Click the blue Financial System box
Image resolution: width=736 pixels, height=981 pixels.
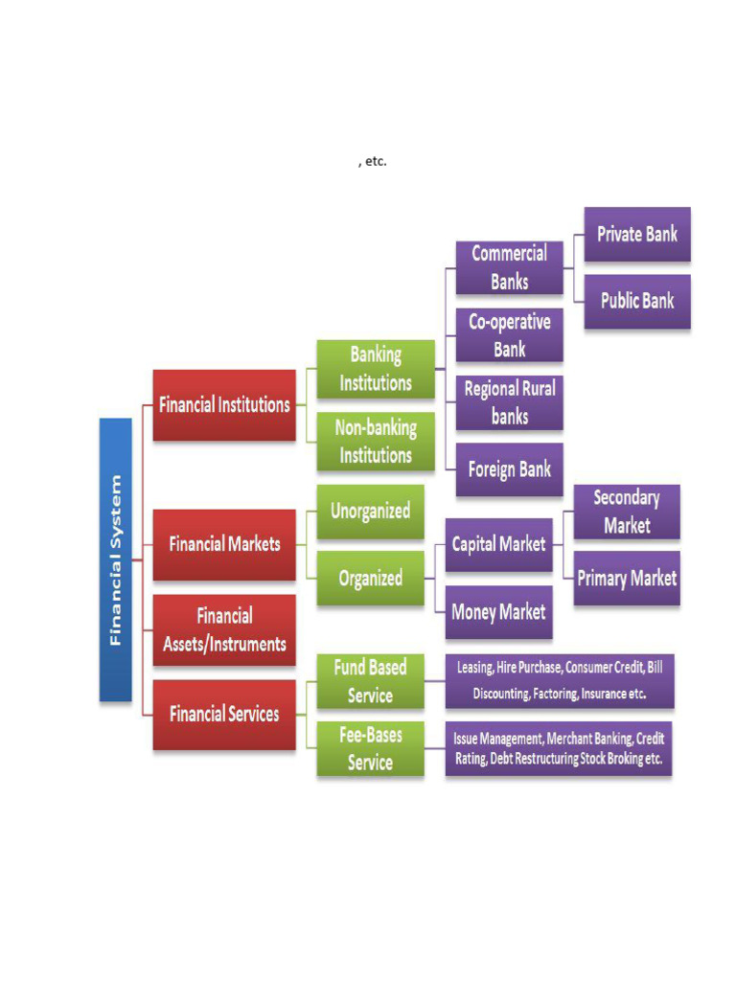[x=115, y=559]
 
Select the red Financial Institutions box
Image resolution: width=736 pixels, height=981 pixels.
[x=224, y=405]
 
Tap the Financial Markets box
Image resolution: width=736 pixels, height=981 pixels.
[x=224, y=544]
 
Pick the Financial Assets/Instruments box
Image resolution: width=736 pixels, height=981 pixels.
[x=224, y=630]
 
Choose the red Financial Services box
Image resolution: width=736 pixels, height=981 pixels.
[x=224, y=714]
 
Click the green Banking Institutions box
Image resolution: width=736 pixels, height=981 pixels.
[x=375, y=369]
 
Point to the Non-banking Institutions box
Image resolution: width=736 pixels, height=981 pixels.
[x=375, y=441]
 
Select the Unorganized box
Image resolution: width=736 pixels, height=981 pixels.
[x=370, y=512]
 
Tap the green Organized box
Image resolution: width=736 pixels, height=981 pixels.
[x=370, y=579]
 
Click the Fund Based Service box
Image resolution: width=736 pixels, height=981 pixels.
[x=370, y=681]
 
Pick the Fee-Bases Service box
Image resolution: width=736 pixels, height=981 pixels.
[x=370, y=749]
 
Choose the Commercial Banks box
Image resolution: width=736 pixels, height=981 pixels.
[x=509, y=267]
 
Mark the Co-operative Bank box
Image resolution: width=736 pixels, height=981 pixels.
[x=509, y=335]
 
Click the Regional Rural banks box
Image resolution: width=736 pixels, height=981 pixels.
[x=509, y=402]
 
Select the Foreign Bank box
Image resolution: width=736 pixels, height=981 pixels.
[x=509, y=469]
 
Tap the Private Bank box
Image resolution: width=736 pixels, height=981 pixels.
[x=636, y=235]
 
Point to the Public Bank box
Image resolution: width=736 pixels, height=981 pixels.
[x=636, y=301]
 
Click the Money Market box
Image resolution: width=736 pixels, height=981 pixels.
[x=498, y=612]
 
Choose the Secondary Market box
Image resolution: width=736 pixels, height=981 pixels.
[x=627, y=512]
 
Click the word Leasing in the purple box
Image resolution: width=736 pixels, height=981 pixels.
[x=474, y=668]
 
